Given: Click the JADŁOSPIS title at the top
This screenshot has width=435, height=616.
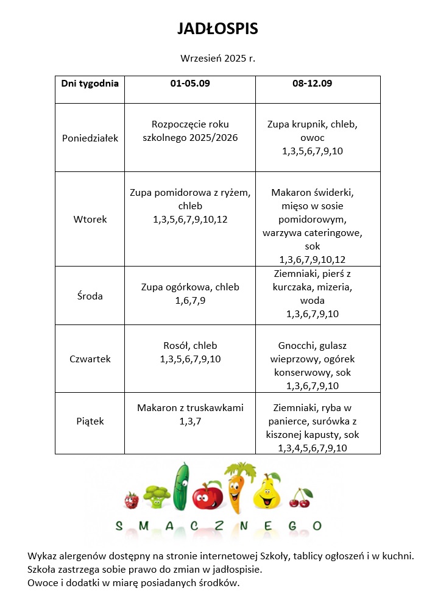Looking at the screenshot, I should tap(217, 29).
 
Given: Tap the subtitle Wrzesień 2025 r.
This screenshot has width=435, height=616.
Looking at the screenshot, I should tap(217, 59).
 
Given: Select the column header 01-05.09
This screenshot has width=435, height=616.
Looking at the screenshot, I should tap(189, 84).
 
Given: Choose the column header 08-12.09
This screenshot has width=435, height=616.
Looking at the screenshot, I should tap(312, 84).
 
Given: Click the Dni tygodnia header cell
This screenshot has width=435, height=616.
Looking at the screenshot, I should tap(90, 84).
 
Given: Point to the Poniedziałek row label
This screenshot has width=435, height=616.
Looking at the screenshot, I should tap(90, 138).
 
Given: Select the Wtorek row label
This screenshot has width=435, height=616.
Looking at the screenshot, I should tap(90, 219).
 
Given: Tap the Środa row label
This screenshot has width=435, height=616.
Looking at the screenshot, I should tap(90, 296).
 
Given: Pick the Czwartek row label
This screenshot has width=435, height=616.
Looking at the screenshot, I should tap(90, 359).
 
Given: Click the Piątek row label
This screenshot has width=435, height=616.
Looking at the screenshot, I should tap(90, 421).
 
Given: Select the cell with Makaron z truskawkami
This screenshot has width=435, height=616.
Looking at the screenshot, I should tap(190, 414).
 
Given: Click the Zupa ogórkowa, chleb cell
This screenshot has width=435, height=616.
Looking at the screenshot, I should tap(190, 293).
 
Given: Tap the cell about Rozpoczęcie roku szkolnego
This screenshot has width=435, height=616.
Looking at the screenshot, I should tap(190, 131).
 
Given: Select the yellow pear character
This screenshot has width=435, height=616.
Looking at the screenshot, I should tap(266, 493).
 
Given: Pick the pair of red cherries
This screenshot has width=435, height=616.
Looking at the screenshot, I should tap(300, 498).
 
